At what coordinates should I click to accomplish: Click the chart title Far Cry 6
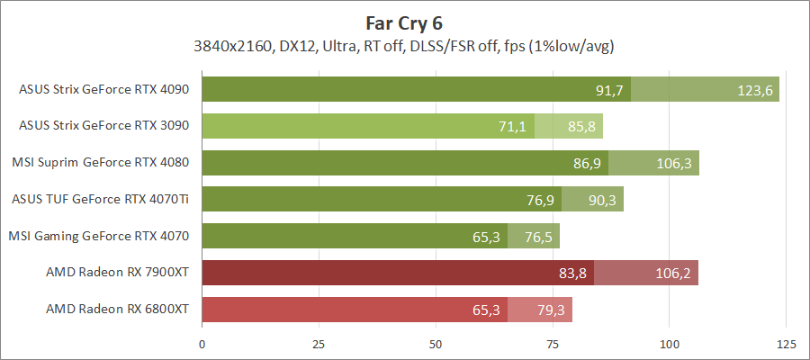(404, 22)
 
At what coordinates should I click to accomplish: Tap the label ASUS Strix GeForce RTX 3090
(103, 127)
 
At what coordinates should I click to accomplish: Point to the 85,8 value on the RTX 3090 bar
(580, 127)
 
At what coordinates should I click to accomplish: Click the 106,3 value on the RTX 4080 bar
(675, 163)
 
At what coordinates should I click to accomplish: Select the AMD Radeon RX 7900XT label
(117, 273)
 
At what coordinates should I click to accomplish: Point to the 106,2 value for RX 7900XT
(674, 273)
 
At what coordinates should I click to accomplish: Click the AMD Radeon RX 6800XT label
(117, 310)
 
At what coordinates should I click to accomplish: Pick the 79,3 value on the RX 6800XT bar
(550, 310)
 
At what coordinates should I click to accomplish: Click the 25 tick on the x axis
(319, 344)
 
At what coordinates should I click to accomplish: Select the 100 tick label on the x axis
(669, 344)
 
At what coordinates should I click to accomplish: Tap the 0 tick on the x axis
(202, 344)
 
